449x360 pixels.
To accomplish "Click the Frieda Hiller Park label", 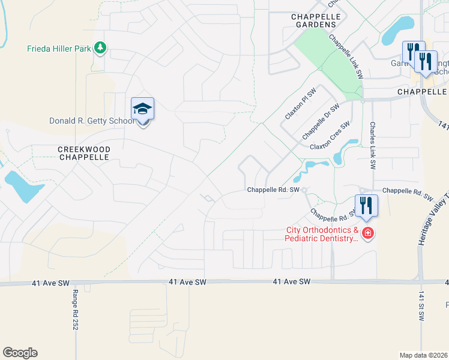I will pyautogui.click(x=58, y=49).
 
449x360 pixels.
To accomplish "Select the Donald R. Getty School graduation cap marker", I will pyautogui.click(x=143, y=110).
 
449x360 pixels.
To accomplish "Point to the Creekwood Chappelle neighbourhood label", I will pyautogui.click(x=83, y=152).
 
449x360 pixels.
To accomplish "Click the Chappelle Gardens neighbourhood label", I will pyautogui.click(x=313, y=20).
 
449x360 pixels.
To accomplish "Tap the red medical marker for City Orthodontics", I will pyautogui.click(x=367, y=233).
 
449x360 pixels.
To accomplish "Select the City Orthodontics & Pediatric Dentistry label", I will pyautogui.click(x=322, y=234).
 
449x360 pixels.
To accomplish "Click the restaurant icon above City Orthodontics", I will pyautogui.click(x=366, y=206).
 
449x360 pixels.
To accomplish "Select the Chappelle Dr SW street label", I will pyautogui.click(x=321, y=120).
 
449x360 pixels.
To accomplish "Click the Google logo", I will pyautogui.click(x=20, y=353).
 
